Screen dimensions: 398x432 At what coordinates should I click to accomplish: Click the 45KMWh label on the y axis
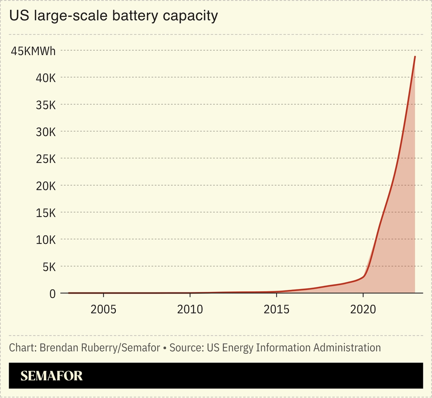click(x=33, y=51)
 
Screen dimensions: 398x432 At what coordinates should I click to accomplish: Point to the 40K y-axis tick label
click(x=46, y=78)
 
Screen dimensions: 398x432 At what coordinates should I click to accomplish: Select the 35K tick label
click(x=46, y=105)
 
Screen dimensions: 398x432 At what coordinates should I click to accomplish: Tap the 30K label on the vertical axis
click(x=46, y=132)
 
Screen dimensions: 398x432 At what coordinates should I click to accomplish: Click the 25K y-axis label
click(x=46, y=159)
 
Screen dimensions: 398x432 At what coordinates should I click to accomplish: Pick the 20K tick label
click(x=46, y=186)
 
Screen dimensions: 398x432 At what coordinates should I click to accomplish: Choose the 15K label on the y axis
click(x=46, y=213)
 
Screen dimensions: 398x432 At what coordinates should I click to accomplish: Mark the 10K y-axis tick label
click(x=46, y=240)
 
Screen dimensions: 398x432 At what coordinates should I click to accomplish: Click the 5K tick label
click(x=49, y=267)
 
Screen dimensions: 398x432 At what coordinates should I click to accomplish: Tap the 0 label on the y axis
click(x=52, y=294)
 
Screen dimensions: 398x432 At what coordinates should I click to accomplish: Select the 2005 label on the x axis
click(x=103, y=309)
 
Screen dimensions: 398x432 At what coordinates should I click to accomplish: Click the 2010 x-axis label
click(x=190, y=309)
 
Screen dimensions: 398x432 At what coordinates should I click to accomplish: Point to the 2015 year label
click(x=276, y=309)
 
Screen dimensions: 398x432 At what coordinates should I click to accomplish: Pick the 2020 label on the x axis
click(x=363, y=309)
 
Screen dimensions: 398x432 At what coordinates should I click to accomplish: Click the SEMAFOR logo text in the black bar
click(x=51, y=376)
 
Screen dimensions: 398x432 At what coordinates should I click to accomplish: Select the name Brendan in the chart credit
click(x=59, y=347)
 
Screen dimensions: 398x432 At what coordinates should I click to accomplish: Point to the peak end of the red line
click(x=415, y=57)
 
